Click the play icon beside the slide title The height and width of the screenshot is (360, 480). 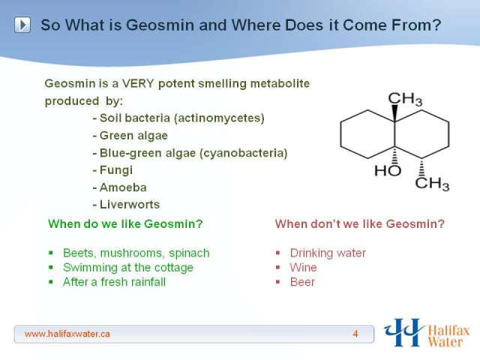click(x=22, y=25)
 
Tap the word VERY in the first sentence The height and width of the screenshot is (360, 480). click(x=138, y=83)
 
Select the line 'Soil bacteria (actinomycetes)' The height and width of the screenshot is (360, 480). click(x=178, y=118)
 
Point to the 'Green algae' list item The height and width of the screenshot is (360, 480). click(x=130, y=136)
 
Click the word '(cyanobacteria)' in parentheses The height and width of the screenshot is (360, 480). click(x=244, y=153)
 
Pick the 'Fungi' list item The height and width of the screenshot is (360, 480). click(x=112, y=170)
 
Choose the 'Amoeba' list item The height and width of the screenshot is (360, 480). click(x=120, y=187)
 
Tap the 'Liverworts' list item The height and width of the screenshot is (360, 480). click(x=126, y=205)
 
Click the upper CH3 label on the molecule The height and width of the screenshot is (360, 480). click(x=405, y=99)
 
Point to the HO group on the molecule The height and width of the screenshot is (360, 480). click(x=388, y=170)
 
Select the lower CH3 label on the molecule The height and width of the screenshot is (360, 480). click(x=432, y=184)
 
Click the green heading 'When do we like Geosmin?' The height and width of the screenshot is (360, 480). click(x=125, y=223)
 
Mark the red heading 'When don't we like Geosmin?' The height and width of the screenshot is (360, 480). click(x=360, y=223)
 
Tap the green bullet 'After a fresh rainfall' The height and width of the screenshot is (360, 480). click(x=114, y=282)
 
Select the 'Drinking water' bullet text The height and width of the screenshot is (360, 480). click(x=328, y=253)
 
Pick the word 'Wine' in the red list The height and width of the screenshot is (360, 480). click(x=303, y=268)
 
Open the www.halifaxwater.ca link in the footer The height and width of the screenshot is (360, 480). click(x=67, y=334)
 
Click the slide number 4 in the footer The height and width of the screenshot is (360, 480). click(x=355, y=334)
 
